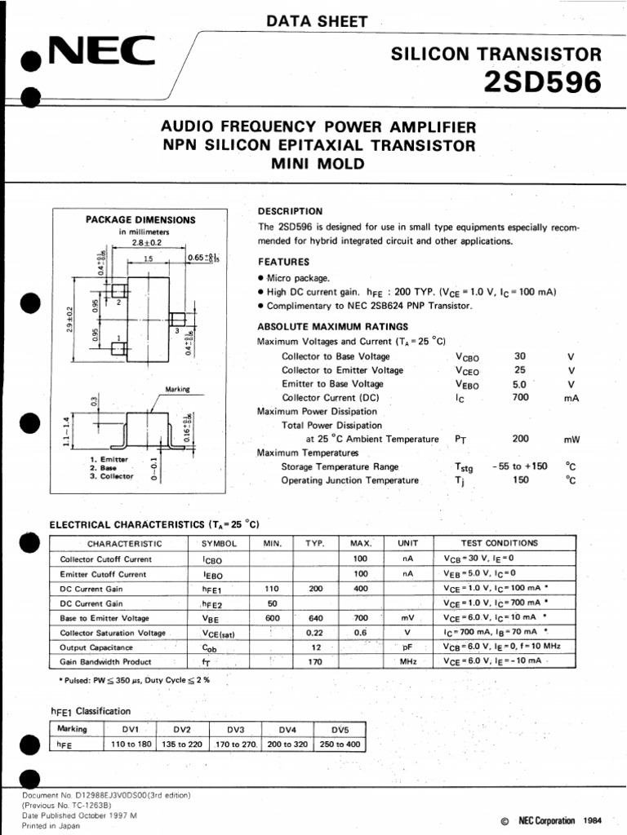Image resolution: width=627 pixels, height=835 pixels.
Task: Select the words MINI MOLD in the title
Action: pos(318,163)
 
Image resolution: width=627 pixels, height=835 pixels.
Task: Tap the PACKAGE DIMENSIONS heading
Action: pos(140,219)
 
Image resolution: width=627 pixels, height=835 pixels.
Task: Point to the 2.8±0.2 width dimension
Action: pos(147,242)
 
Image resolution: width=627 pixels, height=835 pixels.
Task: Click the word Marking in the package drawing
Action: pos(177,390)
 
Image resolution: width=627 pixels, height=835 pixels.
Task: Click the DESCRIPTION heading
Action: pos(291,210)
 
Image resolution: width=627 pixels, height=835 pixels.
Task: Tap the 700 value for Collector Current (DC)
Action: pos(520,397)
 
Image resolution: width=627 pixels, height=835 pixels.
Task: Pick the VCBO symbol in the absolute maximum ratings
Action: pos(469,356)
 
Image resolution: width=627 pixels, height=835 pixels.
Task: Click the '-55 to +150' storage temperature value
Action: pos(520,466)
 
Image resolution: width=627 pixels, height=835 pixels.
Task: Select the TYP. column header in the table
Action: pos(315,543)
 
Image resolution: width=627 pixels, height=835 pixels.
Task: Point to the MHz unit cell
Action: pos(408,662)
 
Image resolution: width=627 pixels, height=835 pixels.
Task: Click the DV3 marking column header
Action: pos(236,729)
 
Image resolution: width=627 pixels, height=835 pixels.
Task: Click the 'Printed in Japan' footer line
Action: pos(51,825)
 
